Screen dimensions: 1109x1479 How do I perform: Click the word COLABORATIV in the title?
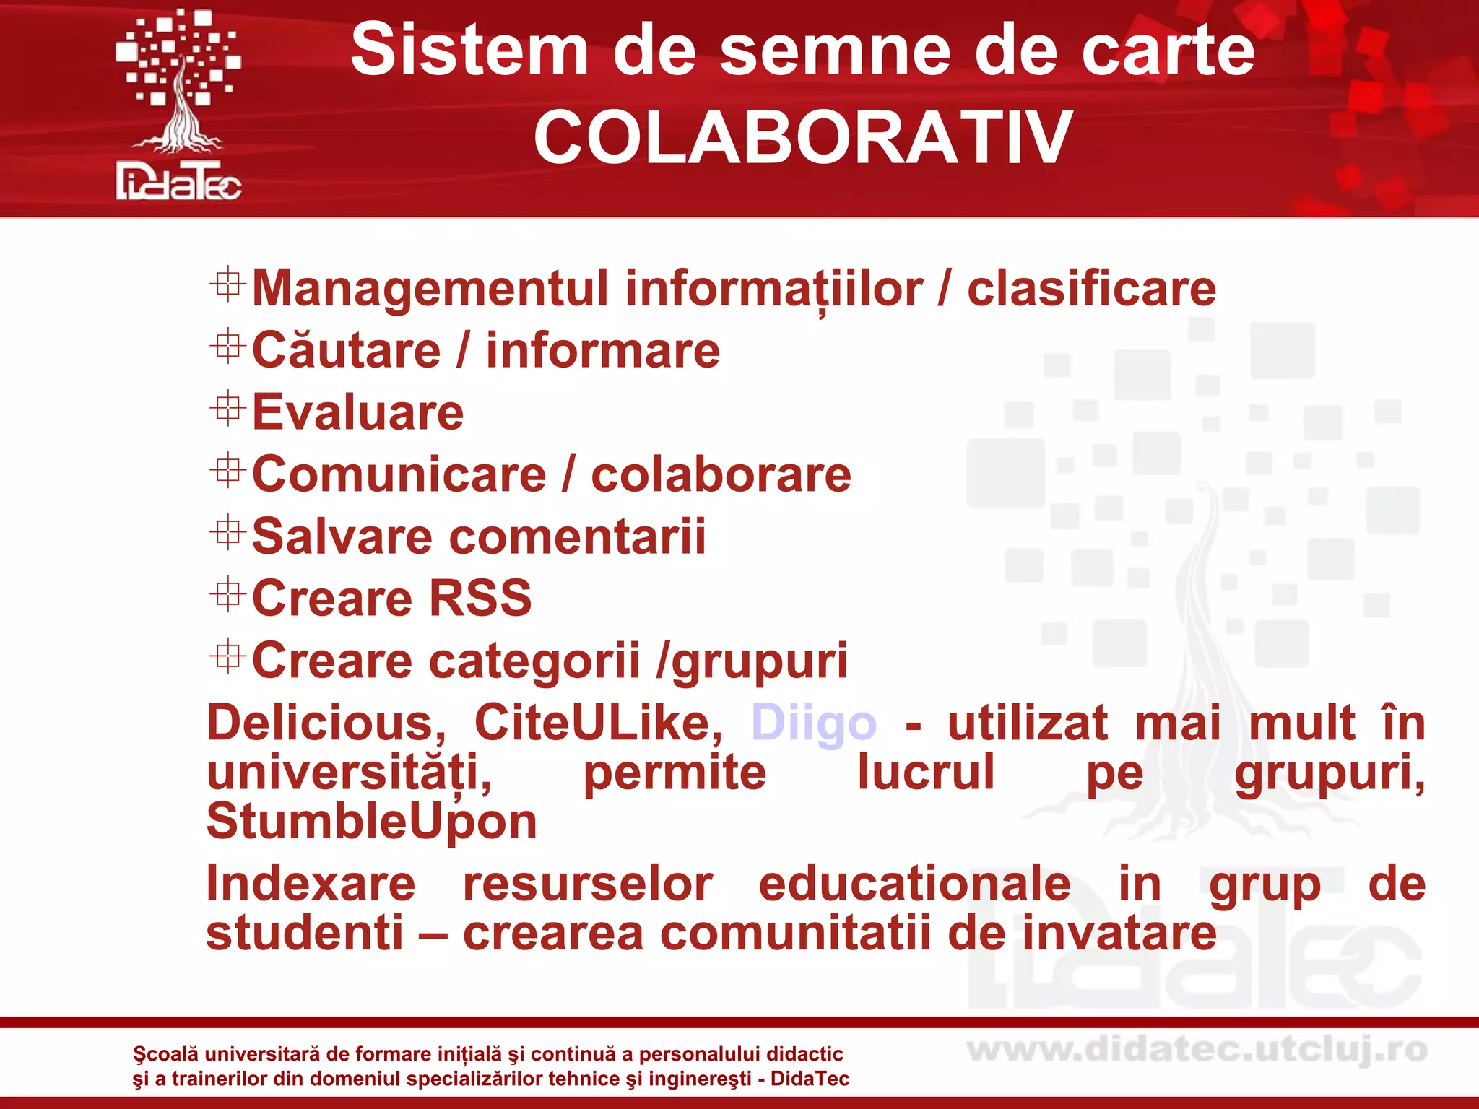point(802,137)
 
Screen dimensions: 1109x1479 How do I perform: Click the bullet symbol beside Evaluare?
point(227,409)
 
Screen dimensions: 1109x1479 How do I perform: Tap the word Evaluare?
point(357,413)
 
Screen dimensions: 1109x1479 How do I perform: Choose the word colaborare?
point(721,475)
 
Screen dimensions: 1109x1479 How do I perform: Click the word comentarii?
point(577,537)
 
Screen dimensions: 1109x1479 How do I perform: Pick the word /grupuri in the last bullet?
point(752,661)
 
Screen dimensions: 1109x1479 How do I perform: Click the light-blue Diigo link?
point(814,723)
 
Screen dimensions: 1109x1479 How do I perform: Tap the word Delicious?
point(326,723)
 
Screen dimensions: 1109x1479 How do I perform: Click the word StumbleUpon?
point(372,822)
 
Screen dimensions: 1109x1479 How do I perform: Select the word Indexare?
point(311,884)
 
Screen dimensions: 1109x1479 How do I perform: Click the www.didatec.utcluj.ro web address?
point(1197,1050)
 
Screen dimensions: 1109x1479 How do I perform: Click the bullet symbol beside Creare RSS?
point(227,595)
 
